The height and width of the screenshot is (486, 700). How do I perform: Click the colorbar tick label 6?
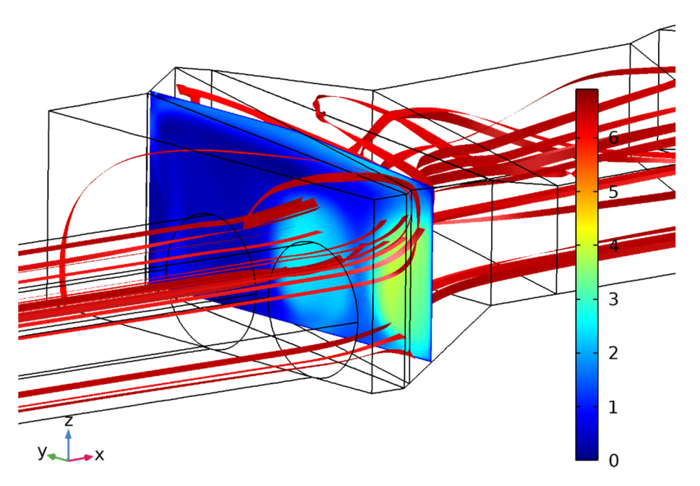pos(613,138)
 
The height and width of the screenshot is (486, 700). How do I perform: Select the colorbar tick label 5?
pos(613,192)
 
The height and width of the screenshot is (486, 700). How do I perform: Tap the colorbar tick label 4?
pos(613,245)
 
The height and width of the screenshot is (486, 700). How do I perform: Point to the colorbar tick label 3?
pos(613,299)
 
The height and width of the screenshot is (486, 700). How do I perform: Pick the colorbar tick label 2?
pos(613,353)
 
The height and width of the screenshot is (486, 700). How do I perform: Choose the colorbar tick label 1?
pos(613,407)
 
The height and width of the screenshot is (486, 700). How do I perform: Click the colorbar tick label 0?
pos(613,461)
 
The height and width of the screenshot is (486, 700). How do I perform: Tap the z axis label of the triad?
pos(68,420)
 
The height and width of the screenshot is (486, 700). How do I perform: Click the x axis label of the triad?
pos(99,455)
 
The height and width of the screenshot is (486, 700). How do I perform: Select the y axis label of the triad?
pos(42,451)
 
